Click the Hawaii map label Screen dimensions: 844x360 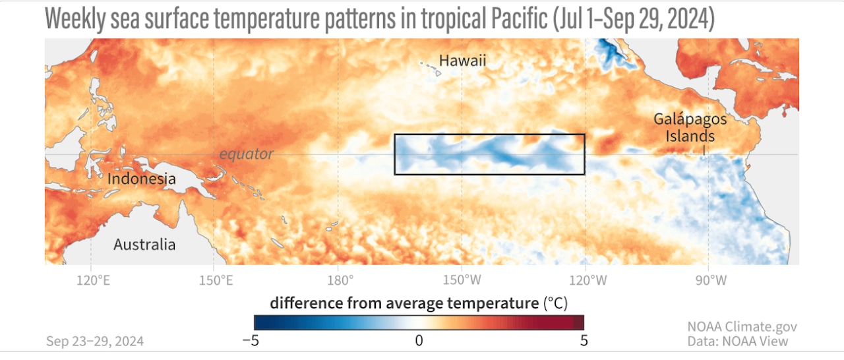coord(462,61)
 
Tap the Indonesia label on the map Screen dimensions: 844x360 coord(142,179)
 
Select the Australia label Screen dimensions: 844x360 coord(144,245)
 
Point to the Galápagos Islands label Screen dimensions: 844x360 coord(690,128)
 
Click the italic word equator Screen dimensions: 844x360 coord(247,154)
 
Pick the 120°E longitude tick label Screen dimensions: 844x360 coord(94,280)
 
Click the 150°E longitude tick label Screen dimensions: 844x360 coord(216,280)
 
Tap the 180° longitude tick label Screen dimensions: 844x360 coord(340,280)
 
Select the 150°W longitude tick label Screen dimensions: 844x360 coord(462,280)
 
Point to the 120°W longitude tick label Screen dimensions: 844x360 coord(588,280)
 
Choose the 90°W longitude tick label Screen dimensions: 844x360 coord(711,280)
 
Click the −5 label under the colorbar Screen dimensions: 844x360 coord(251,341)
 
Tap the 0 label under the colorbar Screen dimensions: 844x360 coord(419,341)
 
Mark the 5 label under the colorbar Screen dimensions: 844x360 coord(584,341)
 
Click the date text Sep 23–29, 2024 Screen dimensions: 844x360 coord(95,341)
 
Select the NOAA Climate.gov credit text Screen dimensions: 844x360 coord(742,326)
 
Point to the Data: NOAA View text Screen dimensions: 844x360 coord(737,341)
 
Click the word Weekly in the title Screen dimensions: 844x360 coord(75,19)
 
